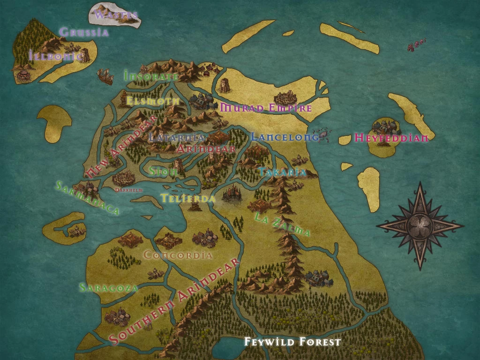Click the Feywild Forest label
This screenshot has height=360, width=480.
coord(292,342)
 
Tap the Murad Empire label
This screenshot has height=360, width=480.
coord(266,108)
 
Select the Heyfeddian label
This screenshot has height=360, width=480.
coord(391,138)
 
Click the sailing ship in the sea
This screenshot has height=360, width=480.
coord(105,77)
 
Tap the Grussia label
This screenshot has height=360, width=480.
coord(84,32)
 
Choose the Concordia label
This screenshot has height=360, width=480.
coord(178,255)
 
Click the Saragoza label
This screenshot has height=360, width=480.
coord(108,287)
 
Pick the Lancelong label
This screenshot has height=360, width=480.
coord(285,137)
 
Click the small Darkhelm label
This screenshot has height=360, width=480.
coord(129,190)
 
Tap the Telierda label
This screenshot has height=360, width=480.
coord(188,198)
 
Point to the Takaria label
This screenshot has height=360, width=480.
coord(282,172)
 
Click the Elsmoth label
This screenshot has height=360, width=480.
coord(153,101)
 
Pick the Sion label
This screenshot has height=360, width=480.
coord(163,172)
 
